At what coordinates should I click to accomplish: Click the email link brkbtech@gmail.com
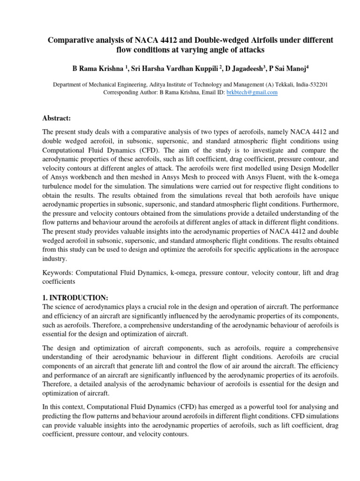click(x=252, y=93)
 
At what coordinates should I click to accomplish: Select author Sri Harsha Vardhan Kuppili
click(x=167, y=69)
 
